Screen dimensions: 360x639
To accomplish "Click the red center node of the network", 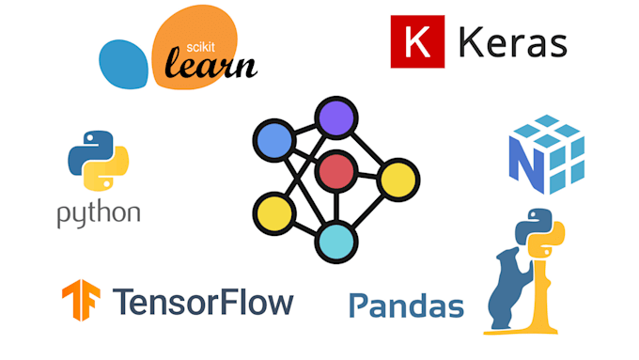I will (x=335, y=172).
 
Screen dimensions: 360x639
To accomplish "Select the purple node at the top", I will (x=336, y=118).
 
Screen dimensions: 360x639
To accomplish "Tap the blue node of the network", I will (x=274, y=143).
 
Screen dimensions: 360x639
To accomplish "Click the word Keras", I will (x=513, y=43).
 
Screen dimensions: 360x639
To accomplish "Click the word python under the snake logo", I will (x=99, y=213).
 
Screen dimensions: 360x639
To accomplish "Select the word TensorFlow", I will (x=202, y=302).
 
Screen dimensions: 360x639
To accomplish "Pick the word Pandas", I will (x=406, y=305).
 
